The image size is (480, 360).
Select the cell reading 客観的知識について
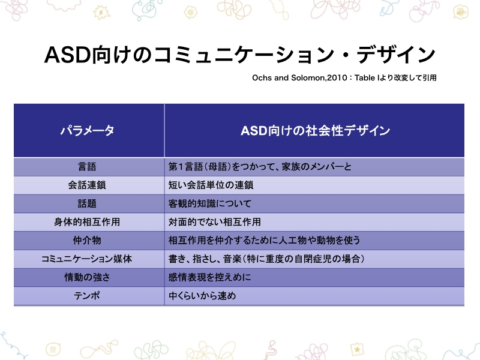[x=210, y=203]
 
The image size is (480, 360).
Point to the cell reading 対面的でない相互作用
[x=215, y=222]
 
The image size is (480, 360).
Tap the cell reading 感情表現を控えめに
[x=210, y=278]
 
